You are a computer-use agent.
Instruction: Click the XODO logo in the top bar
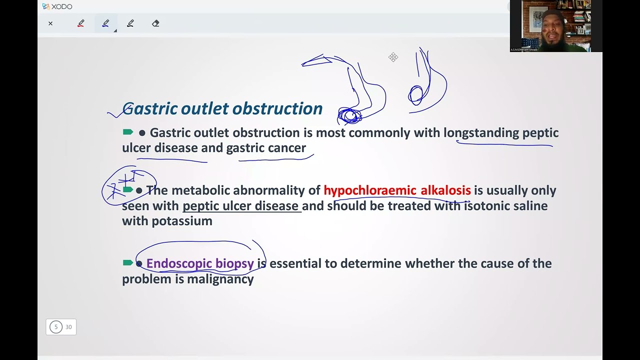[x=57, y=6]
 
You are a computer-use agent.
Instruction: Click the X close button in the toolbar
[x=50, y=23]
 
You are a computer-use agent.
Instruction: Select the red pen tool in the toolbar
[x=80, y=23]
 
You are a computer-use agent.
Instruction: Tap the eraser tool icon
[x=155, y=23]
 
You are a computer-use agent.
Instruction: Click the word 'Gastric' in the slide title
[x=149, y=108]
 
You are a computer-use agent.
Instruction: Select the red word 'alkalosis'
[x=445, y=190]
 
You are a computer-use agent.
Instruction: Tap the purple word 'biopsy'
[x=234, y=263]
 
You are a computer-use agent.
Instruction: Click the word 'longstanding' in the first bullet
[x=481, y=133]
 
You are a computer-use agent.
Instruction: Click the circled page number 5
[x=56, y=327]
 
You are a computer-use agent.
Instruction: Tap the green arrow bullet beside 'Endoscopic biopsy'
[x=127, y=263]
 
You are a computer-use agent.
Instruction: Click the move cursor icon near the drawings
[x=393, y=57]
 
